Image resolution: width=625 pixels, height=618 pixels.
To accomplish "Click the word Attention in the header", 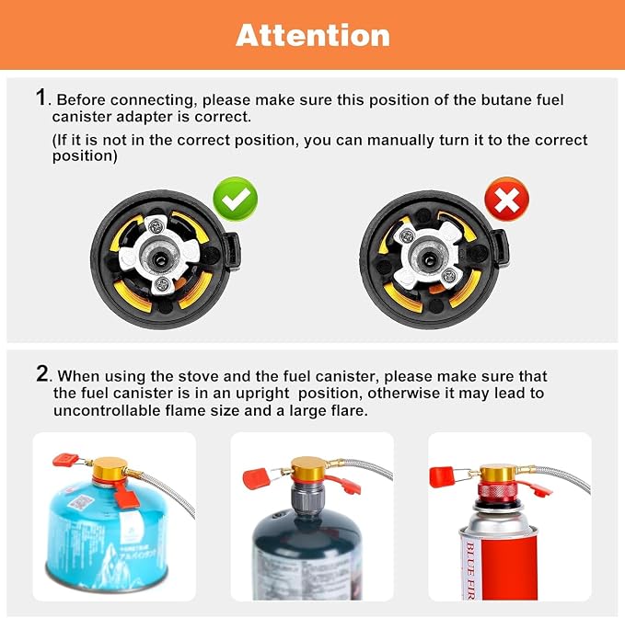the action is click(313, 36).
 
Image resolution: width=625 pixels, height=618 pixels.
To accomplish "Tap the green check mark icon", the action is click(235, 199).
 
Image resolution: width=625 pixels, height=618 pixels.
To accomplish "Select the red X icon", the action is click(506, 199).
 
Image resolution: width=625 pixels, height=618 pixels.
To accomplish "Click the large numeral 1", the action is click(41, 97).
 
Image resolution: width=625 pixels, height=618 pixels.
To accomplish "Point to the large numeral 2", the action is click(42, 373).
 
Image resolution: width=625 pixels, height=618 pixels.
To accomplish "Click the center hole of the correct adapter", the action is click(160, 260).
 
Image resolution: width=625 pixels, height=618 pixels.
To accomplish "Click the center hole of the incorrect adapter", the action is click(429, 260).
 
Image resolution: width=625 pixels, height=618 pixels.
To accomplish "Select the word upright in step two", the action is click(262, 394).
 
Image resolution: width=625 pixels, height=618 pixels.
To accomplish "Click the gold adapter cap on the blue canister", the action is click(110, 469).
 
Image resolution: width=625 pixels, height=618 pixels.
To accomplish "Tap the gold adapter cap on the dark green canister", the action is click(309, 469).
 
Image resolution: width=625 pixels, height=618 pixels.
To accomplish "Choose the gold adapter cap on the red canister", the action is click(498, 473).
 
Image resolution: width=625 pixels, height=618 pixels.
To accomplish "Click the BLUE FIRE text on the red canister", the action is click(470, 570).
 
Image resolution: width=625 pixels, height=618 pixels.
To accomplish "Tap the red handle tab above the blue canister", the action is click(64, 460).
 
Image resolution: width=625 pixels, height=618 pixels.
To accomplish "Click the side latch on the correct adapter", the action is click(231, 252).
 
